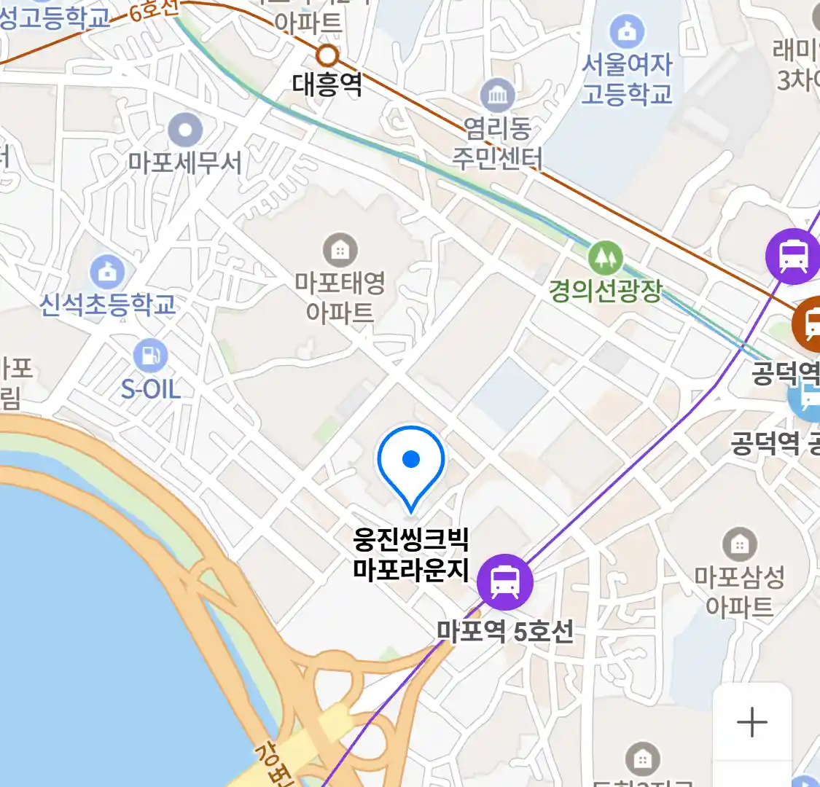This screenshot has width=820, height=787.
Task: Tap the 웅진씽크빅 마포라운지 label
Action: tap(411, 555)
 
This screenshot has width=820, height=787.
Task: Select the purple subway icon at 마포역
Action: tap(504, 582)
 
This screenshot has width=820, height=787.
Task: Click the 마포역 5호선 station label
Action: tap(505, 631)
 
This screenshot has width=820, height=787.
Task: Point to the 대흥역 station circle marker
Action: tap(328, 55)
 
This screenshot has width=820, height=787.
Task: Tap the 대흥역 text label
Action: tap(327, 85)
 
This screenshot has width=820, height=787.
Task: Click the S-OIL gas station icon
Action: tap(150, 356)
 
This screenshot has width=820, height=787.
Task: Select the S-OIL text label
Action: tap(151, 389)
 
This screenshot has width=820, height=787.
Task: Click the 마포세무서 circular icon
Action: tap(185, 131)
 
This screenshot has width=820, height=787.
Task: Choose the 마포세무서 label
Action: tap(185, 162)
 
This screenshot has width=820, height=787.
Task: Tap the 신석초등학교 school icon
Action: tap(107, 272)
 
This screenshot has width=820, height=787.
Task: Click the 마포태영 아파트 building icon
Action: tap(340, 251)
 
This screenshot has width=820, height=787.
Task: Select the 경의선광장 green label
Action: tap(606, 291)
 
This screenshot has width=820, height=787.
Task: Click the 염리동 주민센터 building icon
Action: tap(498, 95)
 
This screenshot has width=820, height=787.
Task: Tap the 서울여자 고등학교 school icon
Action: tap(627, 31)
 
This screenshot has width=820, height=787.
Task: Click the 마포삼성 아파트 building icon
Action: tap(739, 544)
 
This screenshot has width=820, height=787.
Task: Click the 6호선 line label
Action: tap(154, 9)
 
